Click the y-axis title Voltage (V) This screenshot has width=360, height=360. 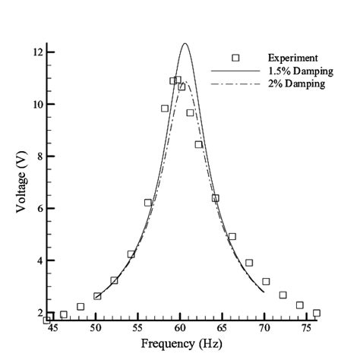(23, 182)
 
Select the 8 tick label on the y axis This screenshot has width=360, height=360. (38, 156)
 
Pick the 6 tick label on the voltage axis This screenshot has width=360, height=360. (38, 208)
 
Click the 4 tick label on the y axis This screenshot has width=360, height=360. (38, 261)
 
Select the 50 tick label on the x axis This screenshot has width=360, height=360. (96, 327)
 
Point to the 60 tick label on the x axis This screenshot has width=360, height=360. (180, 327)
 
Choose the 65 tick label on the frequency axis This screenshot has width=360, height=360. (223, 327)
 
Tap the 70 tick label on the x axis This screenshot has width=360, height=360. (265, 327)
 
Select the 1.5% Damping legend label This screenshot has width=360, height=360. (297, 71)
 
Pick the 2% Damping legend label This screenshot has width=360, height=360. (295, 84)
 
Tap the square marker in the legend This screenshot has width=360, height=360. (235, 58)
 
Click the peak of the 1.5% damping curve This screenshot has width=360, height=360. (185, 43)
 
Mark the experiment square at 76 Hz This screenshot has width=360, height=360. (316, 313)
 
